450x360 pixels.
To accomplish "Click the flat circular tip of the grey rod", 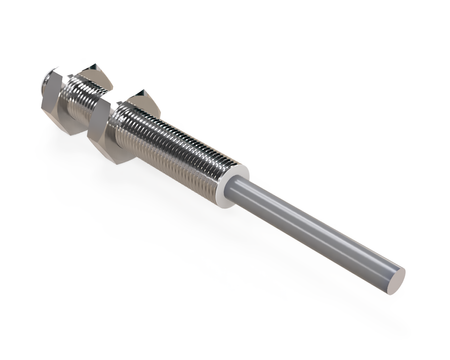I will [x=396, y=280].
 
